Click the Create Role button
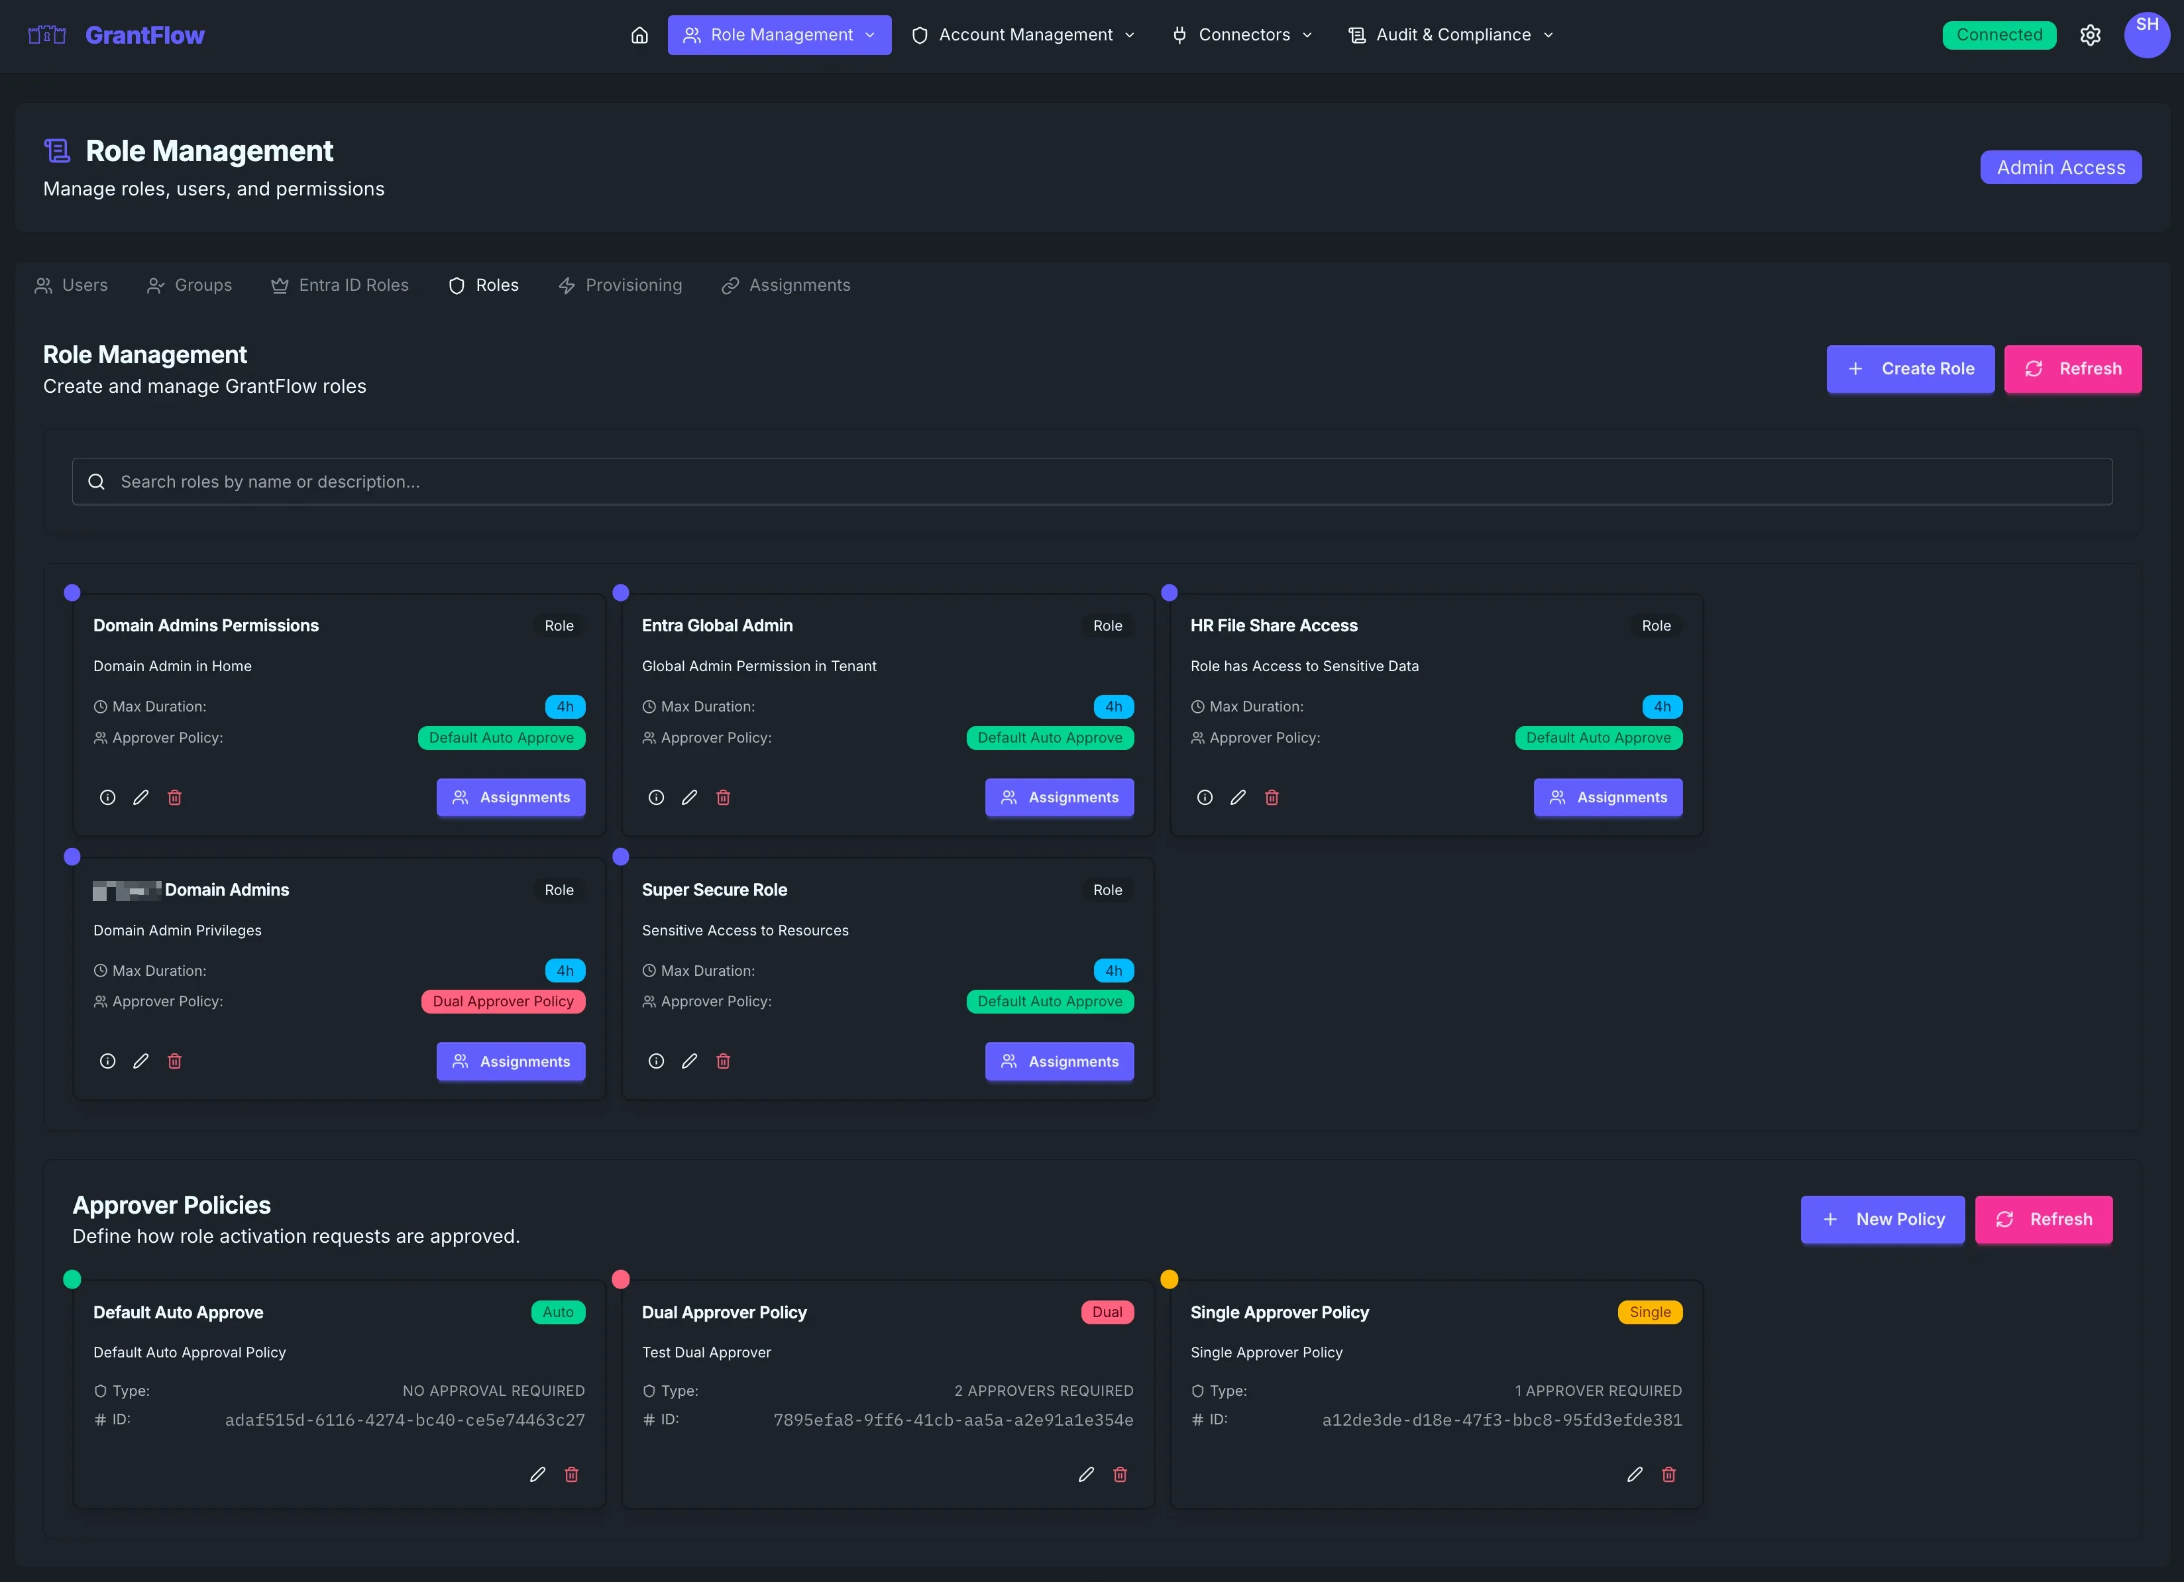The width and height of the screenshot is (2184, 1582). [x=1910, y=369]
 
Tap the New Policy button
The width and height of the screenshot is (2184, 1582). [x=1882, y=1219]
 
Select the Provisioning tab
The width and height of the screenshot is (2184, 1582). [x=620, y=285]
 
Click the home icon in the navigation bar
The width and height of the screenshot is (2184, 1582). [x=639, y=34]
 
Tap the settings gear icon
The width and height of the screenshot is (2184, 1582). [x=2090, y=34]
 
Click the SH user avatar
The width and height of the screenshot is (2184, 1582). [x=2146, y=34]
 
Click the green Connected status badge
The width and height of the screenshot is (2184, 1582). [x=1998, y=34]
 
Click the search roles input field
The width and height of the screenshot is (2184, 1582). [x=1092, y=482]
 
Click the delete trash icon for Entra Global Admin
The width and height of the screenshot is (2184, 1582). [x=723, y=797]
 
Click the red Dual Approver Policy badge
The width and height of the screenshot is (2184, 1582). [x=503, y=1002]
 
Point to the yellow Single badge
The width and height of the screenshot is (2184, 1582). [x=1649, y=1312]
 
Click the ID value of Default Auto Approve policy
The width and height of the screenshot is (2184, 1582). [x=404, y=1420]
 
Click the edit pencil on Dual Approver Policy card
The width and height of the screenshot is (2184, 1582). [x=1086, y=1474]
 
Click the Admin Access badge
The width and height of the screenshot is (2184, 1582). [x=2060, y=168]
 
